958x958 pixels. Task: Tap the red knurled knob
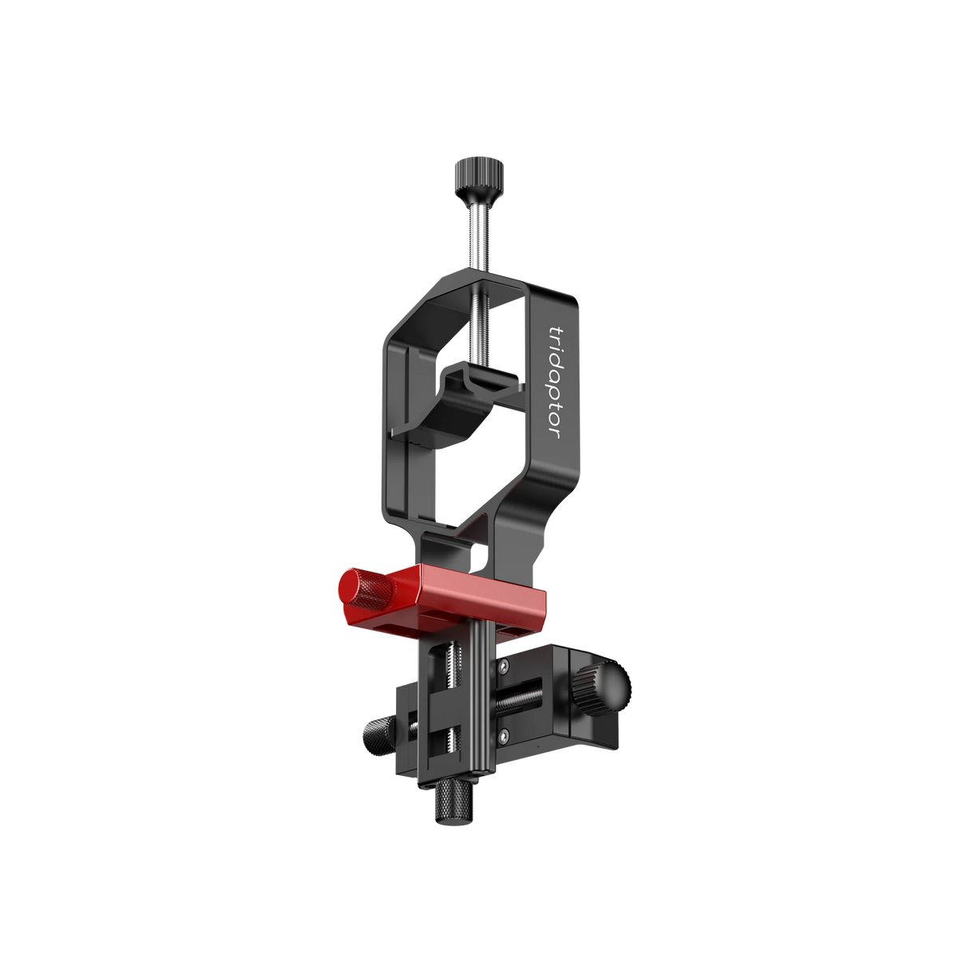tap(365, 588)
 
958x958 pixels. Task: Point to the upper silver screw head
tap(504, 666)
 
